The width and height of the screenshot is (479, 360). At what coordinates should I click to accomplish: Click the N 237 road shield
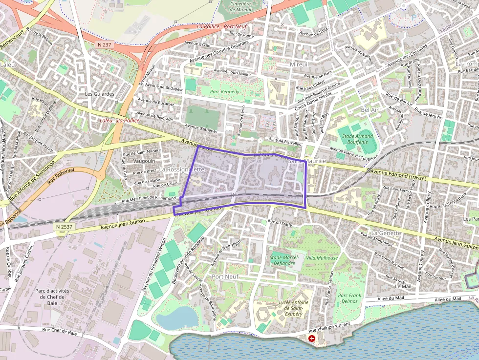point(105,44)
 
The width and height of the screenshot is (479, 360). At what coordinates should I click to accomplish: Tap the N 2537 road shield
point(64,227)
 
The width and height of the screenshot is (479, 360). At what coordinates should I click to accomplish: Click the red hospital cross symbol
point(312,338)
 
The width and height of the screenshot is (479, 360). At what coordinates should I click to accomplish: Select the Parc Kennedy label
point(224,92)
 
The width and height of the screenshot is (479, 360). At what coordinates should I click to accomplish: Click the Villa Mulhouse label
point(322,258)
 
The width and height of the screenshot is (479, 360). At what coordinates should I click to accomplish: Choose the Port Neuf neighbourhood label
point(225,277)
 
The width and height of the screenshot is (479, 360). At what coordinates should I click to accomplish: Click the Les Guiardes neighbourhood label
point(99,94)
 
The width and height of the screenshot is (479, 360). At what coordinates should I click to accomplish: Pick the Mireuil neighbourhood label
point(300,64)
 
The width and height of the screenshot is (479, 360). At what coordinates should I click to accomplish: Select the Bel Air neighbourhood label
point(370,110)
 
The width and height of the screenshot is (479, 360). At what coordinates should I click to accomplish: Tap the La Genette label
point(386,233)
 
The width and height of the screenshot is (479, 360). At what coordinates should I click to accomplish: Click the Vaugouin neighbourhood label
point(144,161)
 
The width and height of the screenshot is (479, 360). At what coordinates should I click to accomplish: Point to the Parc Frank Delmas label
point(349,298)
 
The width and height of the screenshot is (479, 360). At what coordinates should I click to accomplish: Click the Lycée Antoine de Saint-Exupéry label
point(293,308)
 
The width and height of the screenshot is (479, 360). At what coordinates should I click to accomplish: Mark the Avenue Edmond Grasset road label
point(398,175)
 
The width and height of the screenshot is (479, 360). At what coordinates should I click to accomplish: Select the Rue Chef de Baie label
point(60,331)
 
